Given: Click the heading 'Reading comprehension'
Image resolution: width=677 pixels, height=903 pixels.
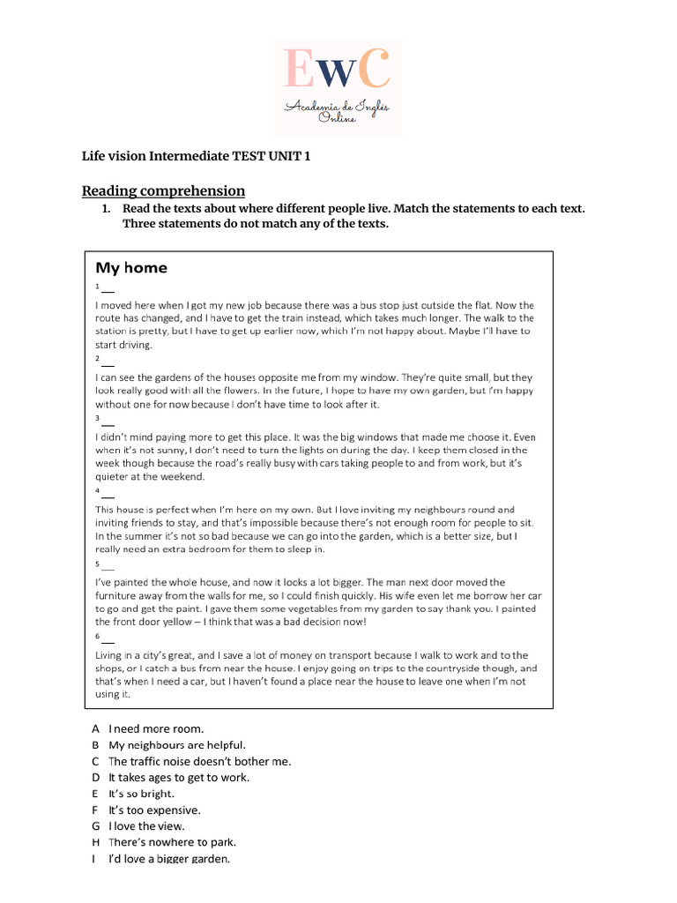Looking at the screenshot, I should point(163,190).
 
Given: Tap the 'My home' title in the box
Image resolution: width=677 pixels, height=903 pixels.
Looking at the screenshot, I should point(130,267).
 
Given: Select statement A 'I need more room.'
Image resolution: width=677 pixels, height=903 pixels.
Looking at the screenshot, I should point(156,728).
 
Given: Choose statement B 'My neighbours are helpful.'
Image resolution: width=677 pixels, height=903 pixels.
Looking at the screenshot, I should point(177,745).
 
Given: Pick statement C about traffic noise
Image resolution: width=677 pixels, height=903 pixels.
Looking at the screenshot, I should point(199,761).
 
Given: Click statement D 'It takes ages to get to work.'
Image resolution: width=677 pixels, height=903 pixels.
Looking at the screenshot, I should point(179,777).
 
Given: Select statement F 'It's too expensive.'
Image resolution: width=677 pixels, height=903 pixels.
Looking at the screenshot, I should point(154,810).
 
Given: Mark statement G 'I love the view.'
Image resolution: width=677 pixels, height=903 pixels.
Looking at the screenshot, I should point(146,826).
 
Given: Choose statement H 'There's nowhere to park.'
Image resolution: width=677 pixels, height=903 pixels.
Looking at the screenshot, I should point(172,842).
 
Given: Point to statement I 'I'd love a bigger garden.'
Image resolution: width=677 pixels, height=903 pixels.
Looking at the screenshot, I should point(168,859).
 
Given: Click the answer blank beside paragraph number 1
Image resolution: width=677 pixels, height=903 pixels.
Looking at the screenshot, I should point(108,290).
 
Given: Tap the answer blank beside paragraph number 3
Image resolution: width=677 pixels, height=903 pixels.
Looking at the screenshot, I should point(108,422).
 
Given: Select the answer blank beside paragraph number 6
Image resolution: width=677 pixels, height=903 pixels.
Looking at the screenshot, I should point(108,640).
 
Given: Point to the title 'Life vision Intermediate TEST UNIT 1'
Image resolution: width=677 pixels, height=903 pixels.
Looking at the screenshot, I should point(196,157).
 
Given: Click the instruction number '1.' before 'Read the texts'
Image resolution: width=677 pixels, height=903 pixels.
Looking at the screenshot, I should point(106,208).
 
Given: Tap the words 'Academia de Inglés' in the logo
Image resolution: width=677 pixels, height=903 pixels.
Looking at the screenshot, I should point(338,107).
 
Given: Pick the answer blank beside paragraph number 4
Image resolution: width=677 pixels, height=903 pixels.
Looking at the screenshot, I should point(108,495).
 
